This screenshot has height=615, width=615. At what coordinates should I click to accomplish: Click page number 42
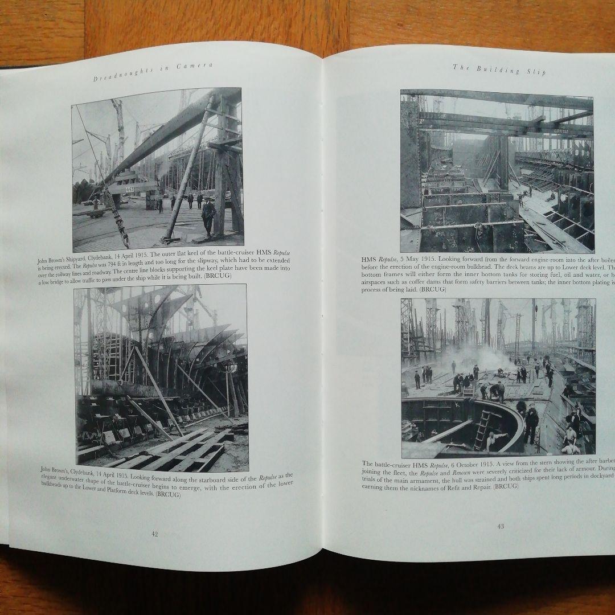coord(154,534)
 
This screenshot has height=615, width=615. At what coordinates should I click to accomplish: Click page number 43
coord(501,526)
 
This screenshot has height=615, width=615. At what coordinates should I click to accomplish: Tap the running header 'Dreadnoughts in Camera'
coord(153,72)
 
